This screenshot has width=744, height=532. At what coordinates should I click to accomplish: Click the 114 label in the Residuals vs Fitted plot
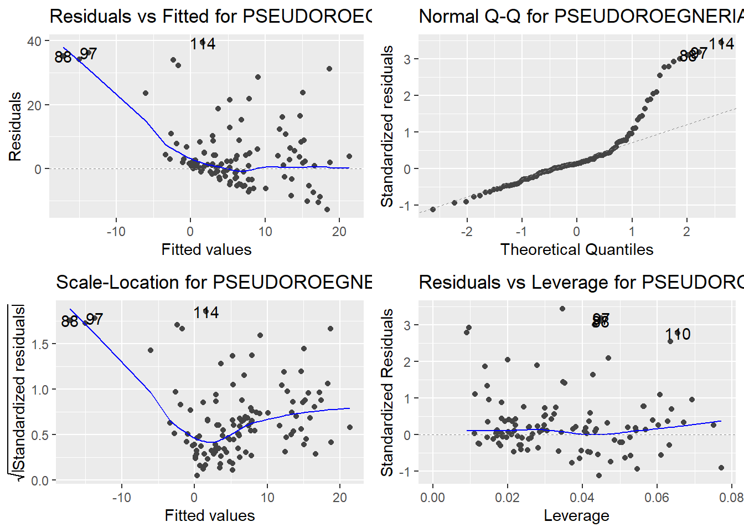tap(203, 44)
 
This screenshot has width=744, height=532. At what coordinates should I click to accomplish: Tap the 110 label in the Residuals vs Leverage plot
tap(678, 334)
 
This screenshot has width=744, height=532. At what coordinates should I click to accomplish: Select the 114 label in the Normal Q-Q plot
tap(721, 43)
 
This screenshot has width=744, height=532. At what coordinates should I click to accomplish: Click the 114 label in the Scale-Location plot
tap(206, 313)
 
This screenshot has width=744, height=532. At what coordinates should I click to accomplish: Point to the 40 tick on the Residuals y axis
tap(34, 42)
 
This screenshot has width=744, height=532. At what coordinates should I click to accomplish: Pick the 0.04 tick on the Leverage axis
tap(582, 497)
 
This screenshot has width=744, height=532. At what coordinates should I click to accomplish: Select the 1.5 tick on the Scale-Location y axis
tap(40, 344)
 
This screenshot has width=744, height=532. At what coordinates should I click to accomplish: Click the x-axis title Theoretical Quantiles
tap(576, 249)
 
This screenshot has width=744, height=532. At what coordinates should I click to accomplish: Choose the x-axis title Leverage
tap(576, 515)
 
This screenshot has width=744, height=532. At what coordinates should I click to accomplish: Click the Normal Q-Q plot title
tap(581, 17)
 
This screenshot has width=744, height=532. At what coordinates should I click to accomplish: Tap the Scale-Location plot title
tap(214, 283)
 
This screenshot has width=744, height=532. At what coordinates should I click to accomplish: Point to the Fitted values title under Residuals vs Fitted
tap(206, 249)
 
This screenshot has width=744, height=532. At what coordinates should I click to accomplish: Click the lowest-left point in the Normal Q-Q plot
tap(433, 209)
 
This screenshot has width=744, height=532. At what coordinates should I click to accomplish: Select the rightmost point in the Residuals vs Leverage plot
tap(721, 468)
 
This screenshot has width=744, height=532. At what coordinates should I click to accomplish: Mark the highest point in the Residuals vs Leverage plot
tap(562, 309)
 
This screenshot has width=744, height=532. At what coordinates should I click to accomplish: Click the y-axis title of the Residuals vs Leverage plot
tap(387, 392)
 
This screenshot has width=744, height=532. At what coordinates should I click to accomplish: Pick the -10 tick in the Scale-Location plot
tap(121, 497)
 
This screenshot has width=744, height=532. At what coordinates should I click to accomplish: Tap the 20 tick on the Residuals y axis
tap(34, 105)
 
